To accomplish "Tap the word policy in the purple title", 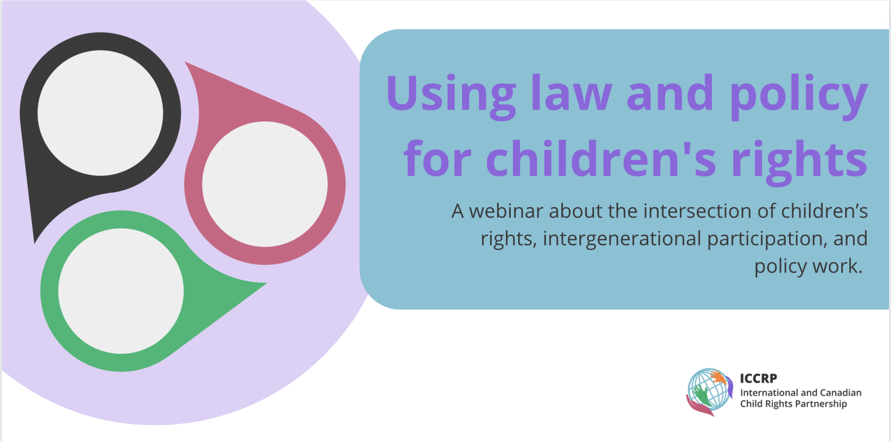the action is click(799, 96).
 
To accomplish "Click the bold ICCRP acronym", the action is click(758, 378).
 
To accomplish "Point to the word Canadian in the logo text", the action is click(841, 392).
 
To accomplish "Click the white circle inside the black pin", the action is click(100, 113).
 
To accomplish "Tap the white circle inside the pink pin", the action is click(265, 184).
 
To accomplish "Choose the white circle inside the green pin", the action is click(121, 291).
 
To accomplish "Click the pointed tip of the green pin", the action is click(267, 283).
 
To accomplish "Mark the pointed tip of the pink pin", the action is click(185, 62).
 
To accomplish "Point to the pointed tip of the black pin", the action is click(35, 243).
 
